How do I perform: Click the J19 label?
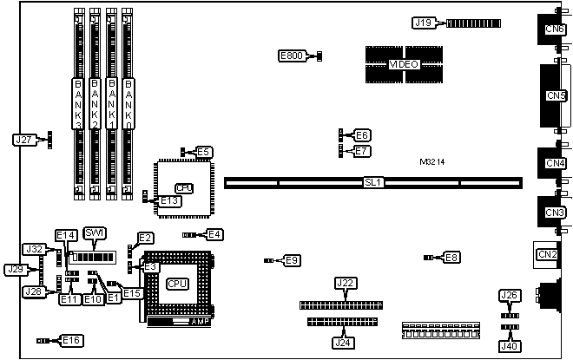coord(422,23)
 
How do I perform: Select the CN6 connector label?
coord(554,30)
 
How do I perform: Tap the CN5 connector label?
coord(554,95)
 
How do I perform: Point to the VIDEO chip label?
coord(404,64)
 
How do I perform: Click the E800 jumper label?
coord(292,56)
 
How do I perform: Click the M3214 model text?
coord(433,162)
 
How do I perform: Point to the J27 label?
coord(24,139)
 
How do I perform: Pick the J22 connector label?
coord(346,284)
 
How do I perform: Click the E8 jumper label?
coord(451,257)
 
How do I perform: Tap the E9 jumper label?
coord(292,259)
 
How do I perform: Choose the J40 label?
coord(510,347)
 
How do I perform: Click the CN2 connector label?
coord(547,254)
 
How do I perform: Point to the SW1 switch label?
coord(95,232)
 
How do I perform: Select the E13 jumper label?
coord(170,201)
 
